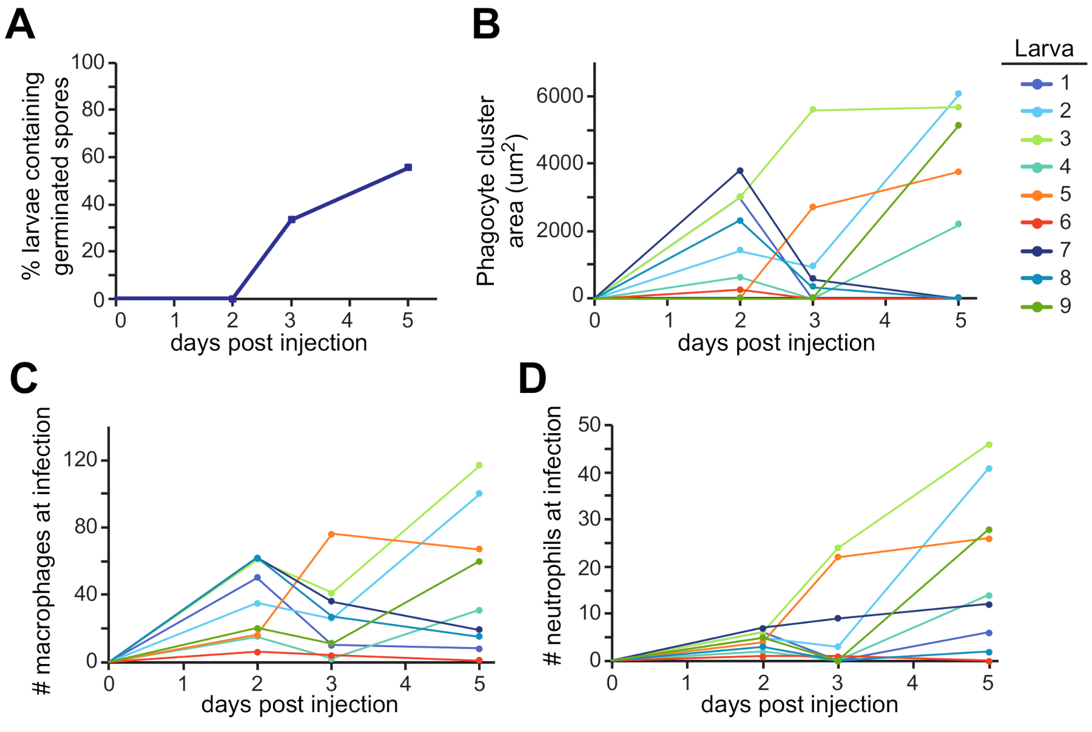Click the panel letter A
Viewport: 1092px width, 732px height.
tap(20, 26)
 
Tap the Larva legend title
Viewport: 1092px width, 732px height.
tap(1043, 49)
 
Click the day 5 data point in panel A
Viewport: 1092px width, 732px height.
tap(408, 167)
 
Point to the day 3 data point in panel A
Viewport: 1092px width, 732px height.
tap(292, 220)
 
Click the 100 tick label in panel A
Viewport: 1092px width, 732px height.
tap(88, 62)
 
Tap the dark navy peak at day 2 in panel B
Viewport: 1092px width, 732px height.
tap(740, 171)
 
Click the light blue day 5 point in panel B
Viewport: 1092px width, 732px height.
tap(959, 94)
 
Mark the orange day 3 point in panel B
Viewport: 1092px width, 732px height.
tap(813, 207)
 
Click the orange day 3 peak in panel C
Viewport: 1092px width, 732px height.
tap(331, 534)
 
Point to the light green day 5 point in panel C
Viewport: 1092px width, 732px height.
tap(479, 466)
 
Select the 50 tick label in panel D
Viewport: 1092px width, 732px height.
tap(589, 425)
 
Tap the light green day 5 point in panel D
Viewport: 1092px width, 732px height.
tap(989, 445)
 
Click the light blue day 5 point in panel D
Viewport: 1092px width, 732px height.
tap(989, 469)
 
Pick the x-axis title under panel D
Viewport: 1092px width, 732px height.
tap(799, 705)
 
